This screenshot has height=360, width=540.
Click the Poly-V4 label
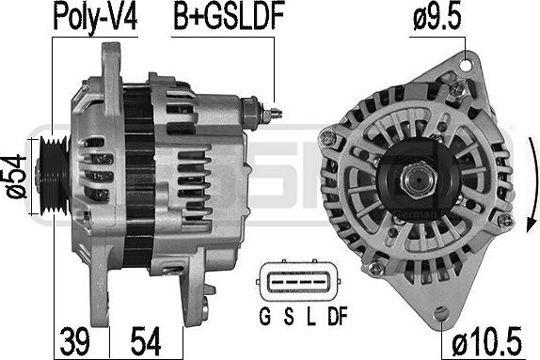[96, 17]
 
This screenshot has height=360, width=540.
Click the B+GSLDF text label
[229, 16]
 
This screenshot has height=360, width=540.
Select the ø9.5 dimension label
[437, 15]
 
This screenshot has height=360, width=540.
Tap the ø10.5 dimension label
[486, 341]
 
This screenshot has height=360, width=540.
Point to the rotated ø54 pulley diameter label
[16, 176]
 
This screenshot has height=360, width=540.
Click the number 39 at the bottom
[74, 341]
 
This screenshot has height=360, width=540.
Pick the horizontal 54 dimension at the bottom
[146, 341]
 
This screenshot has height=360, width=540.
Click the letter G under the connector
[264, 316]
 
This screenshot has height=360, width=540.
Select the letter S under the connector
[289, 316]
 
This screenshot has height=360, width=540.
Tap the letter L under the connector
[310, 316]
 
